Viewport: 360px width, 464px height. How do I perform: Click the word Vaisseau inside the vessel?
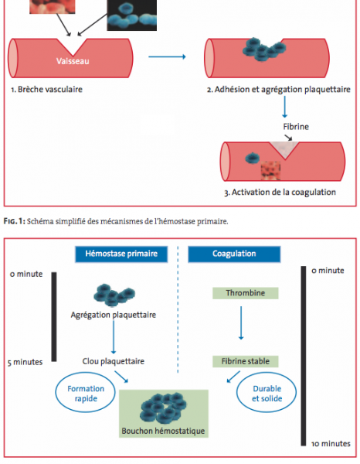pos(73,61)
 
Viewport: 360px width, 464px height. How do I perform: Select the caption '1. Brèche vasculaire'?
pos(46,90)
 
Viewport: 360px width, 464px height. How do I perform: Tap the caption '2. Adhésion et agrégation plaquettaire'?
pos(279,90)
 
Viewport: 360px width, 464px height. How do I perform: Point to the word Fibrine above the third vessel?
pos(296,127)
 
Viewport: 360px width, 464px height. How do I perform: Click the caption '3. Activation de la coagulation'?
pos(280,193)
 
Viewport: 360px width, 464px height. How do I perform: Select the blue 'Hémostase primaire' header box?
pos(121,254)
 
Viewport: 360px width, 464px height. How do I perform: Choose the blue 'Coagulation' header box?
pos(234,254)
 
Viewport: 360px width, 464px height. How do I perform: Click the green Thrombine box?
pos(246,293)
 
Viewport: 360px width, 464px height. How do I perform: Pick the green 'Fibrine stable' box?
pos(246,361)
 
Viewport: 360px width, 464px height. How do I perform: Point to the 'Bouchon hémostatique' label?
pos(163,431)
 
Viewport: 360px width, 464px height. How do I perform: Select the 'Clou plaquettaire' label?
pos(114,361)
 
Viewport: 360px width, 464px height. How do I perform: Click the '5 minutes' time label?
pos(25,362)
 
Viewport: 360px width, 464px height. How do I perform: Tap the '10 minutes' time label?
pos(331,444)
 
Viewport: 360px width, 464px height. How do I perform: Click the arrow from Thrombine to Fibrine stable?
pos(241,322)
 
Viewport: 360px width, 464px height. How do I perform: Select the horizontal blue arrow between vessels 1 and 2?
pos(167,56)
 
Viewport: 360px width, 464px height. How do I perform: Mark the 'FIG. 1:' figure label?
pos(15,221)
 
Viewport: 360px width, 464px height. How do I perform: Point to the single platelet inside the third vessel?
pos(253,158)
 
